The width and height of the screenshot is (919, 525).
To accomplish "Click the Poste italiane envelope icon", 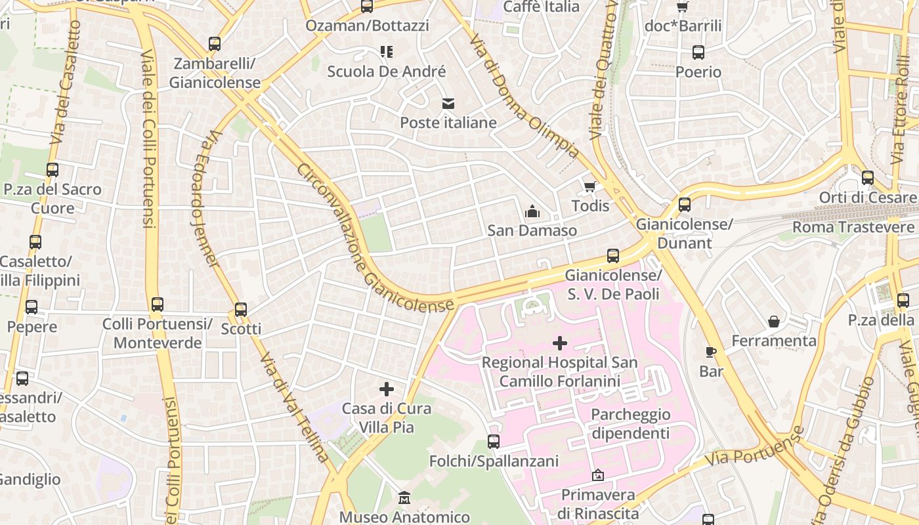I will [x=448, y=103].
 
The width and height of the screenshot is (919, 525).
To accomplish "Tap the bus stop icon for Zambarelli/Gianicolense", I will [x=215, y=44].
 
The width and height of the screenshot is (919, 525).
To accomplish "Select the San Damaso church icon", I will [x=532, y=211].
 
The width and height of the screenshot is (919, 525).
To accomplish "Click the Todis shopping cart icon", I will [x=590, y=187].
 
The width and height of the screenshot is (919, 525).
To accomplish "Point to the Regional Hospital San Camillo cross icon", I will [x=560, y=343].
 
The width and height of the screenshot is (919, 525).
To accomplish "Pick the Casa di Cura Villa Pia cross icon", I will [x=387, y=389].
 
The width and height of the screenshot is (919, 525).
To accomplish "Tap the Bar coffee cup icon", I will [x=710, y=352].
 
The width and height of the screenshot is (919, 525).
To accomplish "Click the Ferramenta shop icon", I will [x=774, y=322].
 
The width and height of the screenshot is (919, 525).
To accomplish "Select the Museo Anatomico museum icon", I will [x=404, y=498].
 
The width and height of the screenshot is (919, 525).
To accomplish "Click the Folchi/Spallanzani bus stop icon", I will [x=494, y=442].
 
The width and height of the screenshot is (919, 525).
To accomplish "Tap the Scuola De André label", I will [x=387, y=72].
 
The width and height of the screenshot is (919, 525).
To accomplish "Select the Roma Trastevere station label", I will [x=853, y=227].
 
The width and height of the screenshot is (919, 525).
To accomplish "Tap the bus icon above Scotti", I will [x=241, y=309].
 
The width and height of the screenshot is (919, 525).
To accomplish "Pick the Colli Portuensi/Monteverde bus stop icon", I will [x=157, y=304].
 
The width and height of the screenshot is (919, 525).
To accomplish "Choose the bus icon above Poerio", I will [x=698, y=52].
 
